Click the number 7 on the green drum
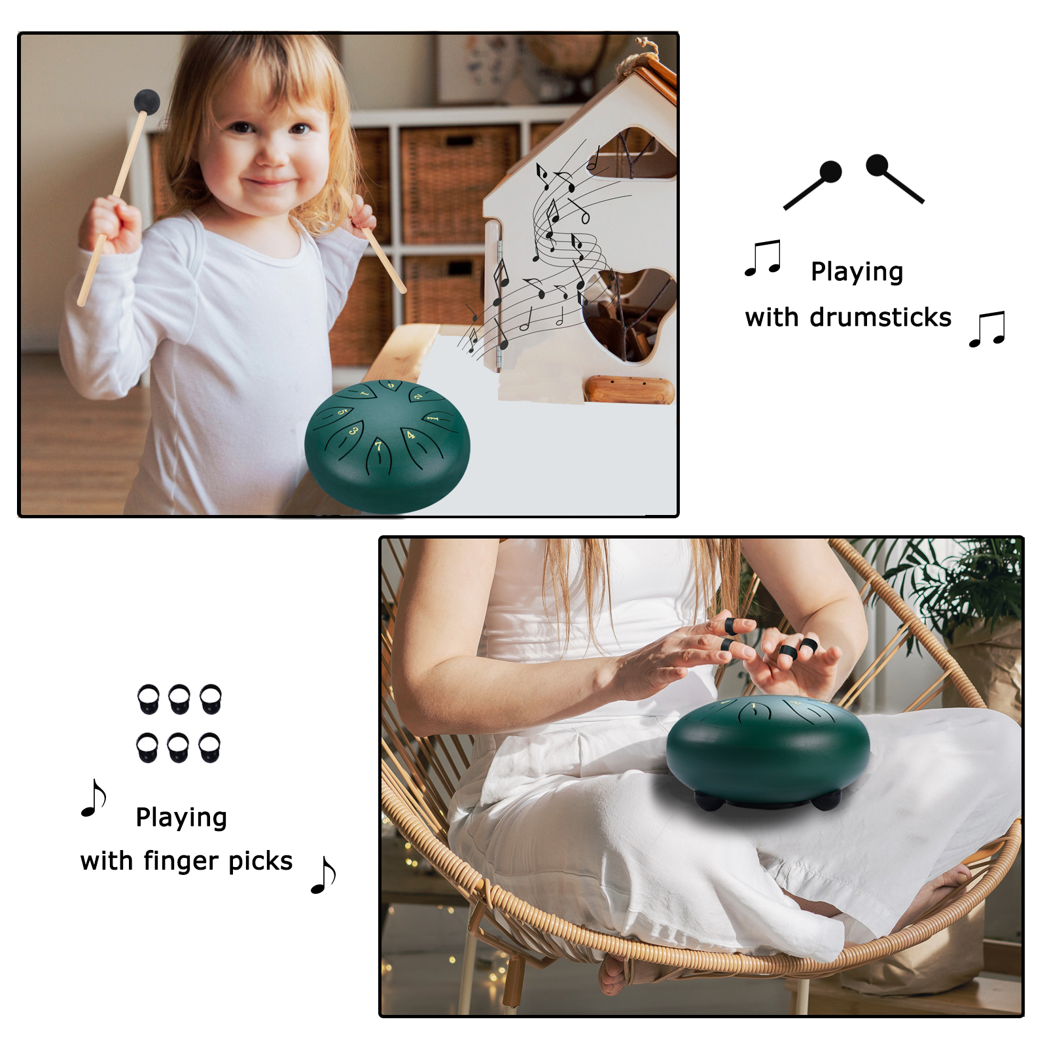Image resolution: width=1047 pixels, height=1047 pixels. pos(378,446)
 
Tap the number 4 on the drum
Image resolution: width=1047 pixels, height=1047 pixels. pos(410,435)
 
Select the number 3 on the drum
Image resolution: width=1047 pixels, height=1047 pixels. pos(353,430)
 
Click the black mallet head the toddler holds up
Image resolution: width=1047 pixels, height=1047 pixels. pos(147,102)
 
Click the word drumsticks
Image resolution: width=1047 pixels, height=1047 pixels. pos(880,317)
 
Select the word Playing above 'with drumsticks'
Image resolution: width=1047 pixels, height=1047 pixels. pos(857,272)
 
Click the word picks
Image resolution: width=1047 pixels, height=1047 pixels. pos(260,861)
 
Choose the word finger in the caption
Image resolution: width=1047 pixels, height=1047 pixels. pos(181,861)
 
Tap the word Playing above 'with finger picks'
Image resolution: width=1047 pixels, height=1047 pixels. pos(181,817)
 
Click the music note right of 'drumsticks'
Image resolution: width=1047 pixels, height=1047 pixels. pos(987,329)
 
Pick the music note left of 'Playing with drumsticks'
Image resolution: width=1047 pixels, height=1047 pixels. pos(763,258)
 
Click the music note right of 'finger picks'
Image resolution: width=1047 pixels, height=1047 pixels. pos(324,874)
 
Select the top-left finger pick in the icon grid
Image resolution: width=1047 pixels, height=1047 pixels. pos(149,699)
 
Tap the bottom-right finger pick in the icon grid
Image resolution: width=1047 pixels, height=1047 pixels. pos(209,748)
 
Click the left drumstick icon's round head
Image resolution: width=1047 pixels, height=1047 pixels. pos(830,172)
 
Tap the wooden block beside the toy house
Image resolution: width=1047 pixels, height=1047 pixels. pos(629,389)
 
